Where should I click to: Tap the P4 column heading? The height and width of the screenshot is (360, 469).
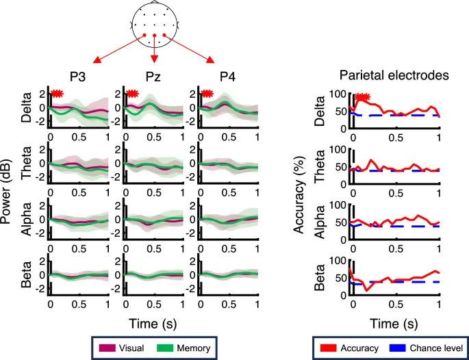(x=227, y=77)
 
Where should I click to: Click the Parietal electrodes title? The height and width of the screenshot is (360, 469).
(x=394, y=75)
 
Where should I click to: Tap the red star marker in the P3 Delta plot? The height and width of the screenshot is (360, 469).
(x=58, y=94)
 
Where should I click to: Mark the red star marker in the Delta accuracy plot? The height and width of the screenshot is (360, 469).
(x=362, y=99)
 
